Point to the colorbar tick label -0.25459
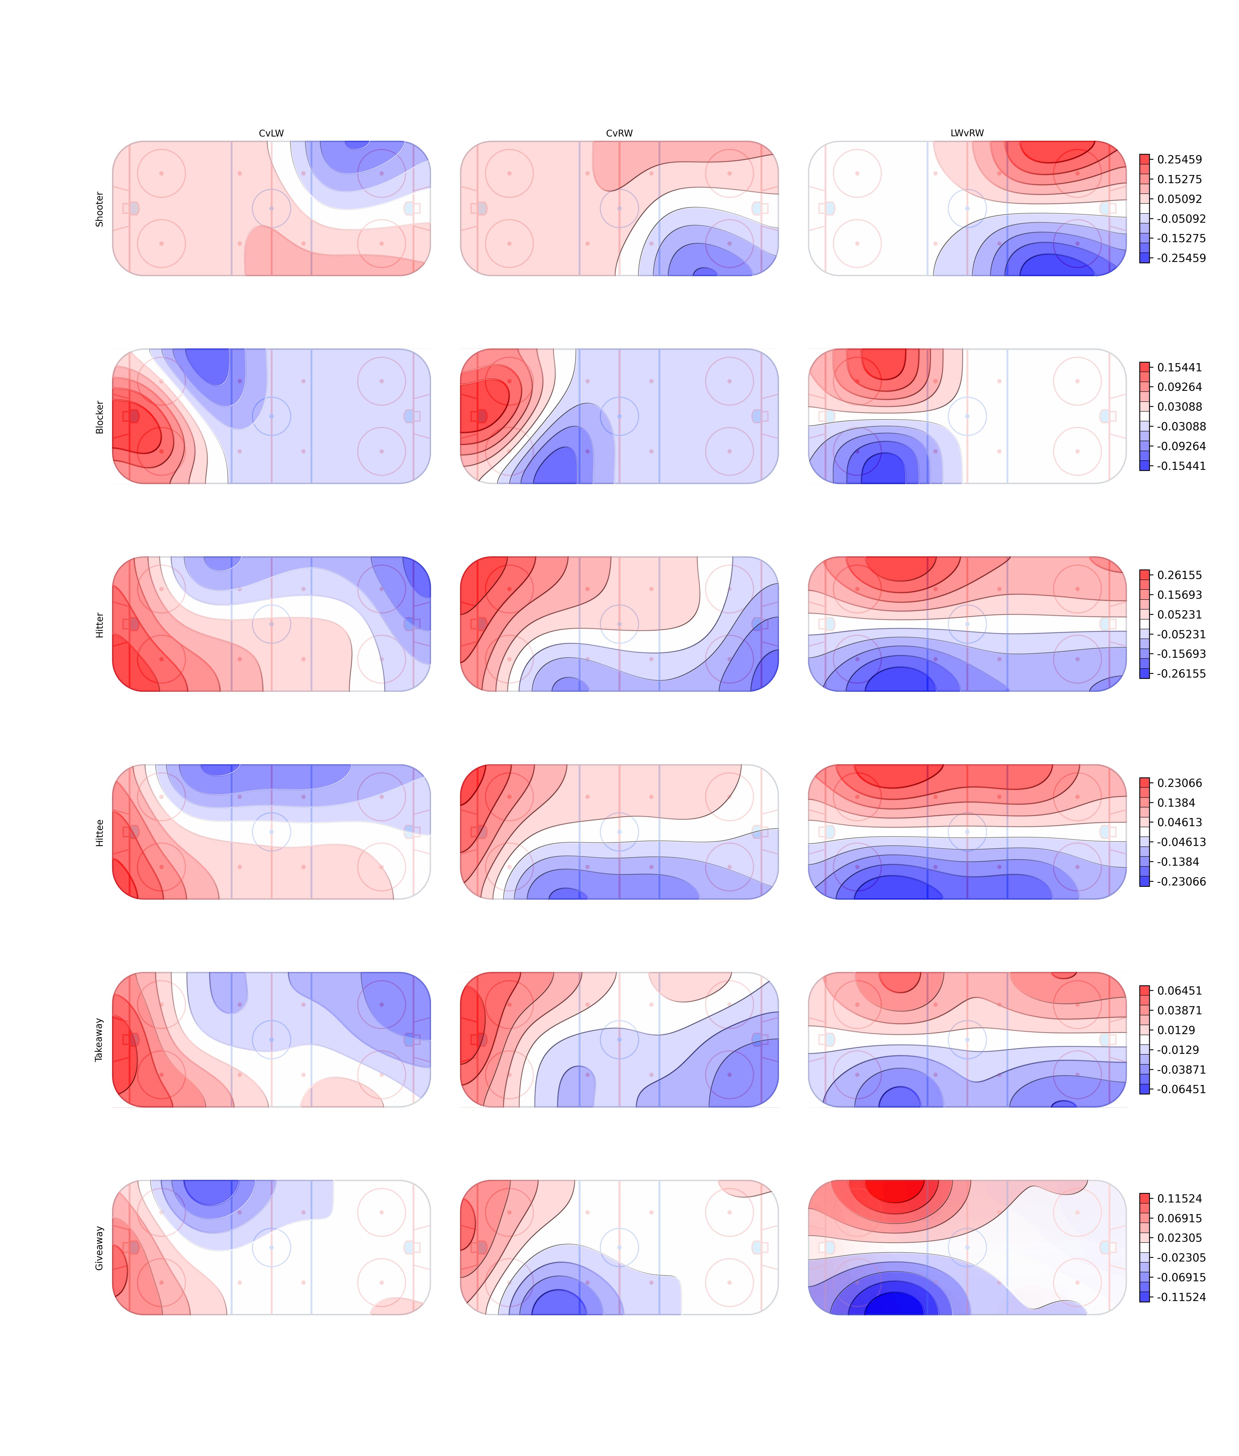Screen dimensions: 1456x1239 point(1182,258)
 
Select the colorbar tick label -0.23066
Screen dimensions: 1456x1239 point(1182,881)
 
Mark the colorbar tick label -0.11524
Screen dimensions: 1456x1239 point(1182,1297)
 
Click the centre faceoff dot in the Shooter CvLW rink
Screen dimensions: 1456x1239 point(271,208)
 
